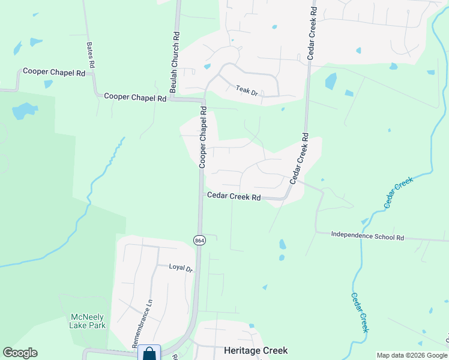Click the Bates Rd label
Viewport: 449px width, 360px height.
91,54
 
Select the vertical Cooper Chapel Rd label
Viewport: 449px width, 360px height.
203,137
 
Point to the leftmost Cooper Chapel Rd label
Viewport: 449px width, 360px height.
54,72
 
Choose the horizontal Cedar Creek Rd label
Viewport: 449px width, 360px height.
234,196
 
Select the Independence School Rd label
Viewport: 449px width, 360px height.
367,235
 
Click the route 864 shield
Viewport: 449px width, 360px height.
199,240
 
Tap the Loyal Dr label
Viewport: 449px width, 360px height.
181,268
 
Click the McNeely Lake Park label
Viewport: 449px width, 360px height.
88,321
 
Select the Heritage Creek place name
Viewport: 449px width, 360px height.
256,350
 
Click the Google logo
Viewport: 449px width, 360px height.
20,353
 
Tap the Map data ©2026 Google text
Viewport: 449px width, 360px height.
412,355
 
